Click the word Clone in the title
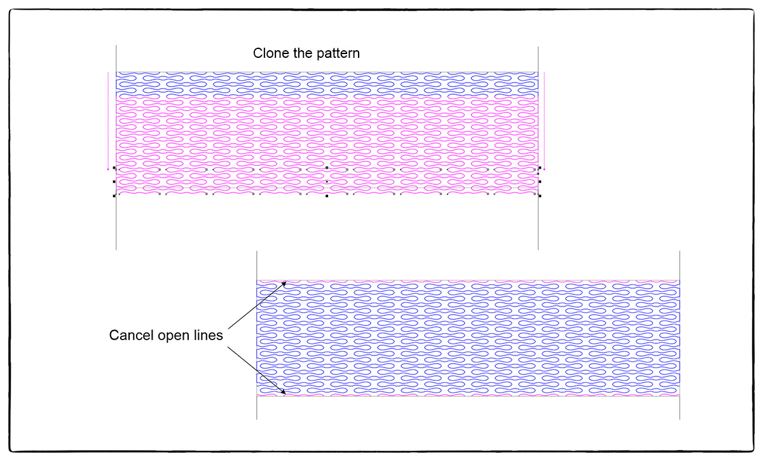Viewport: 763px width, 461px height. (x=268, y=53)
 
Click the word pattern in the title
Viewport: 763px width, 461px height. (x=338, y=53)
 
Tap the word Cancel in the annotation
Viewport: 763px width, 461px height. (x=130, y=335)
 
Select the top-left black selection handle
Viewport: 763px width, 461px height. (x=114, y=168)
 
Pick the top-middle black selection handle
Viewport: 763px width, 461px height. (x=327, y=168)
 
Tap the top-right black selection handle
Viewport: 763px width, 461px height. (x=540, y=168)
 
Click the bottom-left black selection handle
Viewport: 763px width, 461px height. (x=114, y=196)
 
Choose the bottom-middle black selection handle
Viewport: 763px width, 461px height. (x=327, y=196)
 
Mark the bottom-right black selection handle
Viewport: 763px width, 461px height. (x=540, y=196)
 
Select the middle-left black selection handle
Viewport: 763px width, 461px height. (x=114, y=182)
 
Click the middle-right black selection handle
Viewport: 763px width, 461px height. (x=540, y=182)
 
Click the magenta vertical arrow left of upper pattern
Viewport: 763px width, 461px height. (x=108, y=121)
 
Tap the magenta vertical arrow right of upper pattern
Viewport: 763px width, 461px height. (x=545, y=121)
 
